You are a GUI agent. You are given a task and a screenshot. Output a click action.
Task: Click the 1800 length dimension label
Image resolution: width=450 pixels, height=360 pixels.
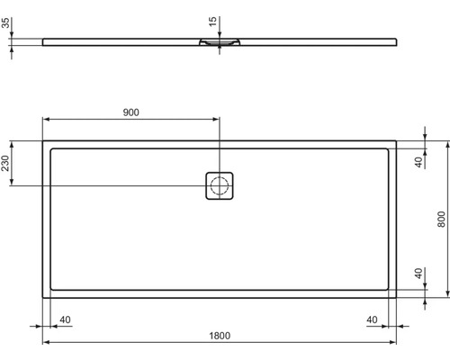[x=220, y=336]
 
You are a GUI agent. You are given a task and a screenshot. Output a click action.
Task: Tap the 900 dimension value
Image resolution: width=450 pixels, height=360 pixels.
[x=131, y=112]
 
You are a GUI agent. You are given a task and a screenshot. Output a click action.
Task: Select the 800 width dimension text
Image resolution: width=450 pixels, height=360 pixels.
[x=441, y=220]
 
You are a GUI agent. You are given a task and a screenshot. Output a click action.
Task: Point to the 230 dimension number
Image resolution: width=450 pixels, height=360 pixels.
[x=5, y=163]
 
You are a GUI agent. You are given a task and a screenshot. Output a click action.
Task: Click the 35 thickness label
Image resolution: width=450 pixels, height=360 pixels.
[x=5, y=22]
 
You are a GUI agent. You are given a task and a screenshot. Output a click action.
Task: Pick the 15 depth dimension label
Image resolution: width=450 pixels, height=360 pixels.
[x=212, y=22]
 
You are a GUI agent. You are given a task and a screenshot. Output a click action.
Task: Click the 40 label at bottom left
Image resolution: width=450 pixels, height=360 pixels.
[x=65, y=319]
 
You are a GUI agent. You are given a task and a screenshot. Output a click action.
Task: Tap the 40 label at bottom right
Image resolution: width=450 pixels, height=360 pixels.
[x=372, y=319]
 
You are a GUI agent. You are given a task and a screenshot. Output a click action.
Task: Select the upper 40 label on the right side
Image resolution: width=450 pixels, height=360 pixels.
[x=418, y=162]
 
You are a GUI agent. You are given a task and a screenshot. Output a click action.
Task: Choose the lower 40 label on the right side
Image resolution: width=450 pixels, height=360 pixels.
[x=418, y=274]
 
